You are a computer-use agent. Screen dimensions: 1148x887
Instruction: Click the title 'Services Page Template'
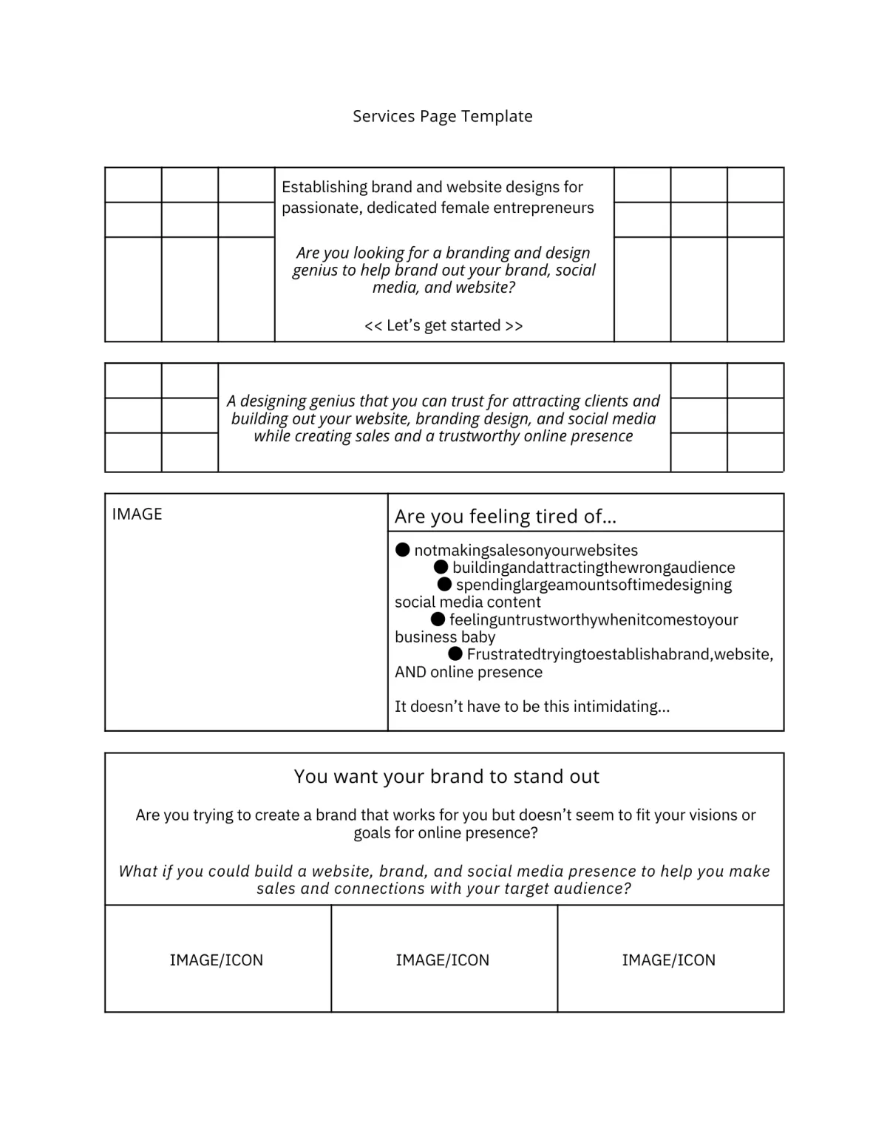(442, 116)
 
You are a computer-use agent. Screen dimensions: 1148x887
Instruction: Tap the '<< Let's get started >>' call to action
(443, 325)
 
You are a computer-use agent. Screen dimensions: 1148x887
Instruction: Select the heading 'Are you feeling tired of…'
(505, 516)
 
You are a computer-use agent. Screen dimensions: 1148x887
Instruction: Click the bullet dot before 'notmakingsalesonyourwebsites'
(403, 549)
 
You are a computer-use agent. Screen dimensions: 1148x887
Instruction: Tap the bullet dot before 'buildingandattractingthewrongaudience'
(441, 567)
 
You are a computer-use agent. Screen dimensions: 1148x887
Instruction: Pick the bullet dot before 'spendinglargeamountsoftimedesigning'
(444, 584)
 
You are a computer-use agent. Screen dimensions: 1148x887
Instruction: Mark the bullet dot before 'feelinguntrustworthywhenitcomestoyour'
(438, 619)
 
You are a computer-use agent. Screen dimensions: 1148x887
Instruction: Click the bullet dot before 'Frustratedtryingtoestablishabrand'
(455, 653)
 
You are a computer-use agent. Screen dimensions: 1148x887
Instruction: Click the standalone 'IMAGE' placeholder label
(137, 514)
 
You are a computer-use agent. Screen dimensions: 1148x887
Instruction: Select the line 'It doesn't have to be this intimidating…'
(532, 706)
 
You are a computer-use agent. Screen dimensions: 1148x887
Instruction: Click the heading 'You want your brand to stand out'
(446, 776)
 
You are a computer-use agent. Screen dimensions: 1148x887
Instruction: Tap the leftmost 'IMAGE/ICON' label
(217, 960)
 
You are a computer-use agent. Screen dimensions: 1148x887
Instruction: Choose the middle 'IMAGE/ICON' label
(443, 960)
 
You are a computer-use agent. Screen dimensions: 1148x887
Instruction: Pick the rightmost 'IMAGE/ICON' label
(669, 960)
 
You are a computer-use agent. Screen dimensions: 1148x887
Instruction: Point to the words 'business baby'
(445, 636)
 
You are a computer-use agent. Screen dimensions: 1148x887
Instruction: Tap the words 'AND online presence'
(469, 672)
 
